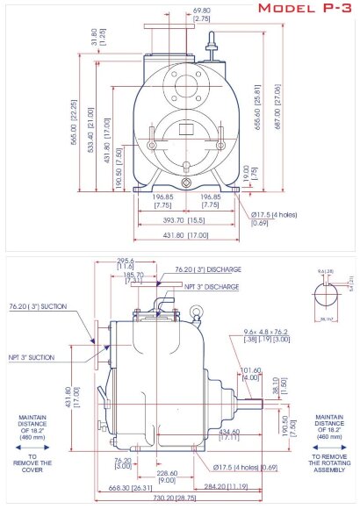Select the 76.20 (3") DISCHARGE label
click(208, 270)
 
